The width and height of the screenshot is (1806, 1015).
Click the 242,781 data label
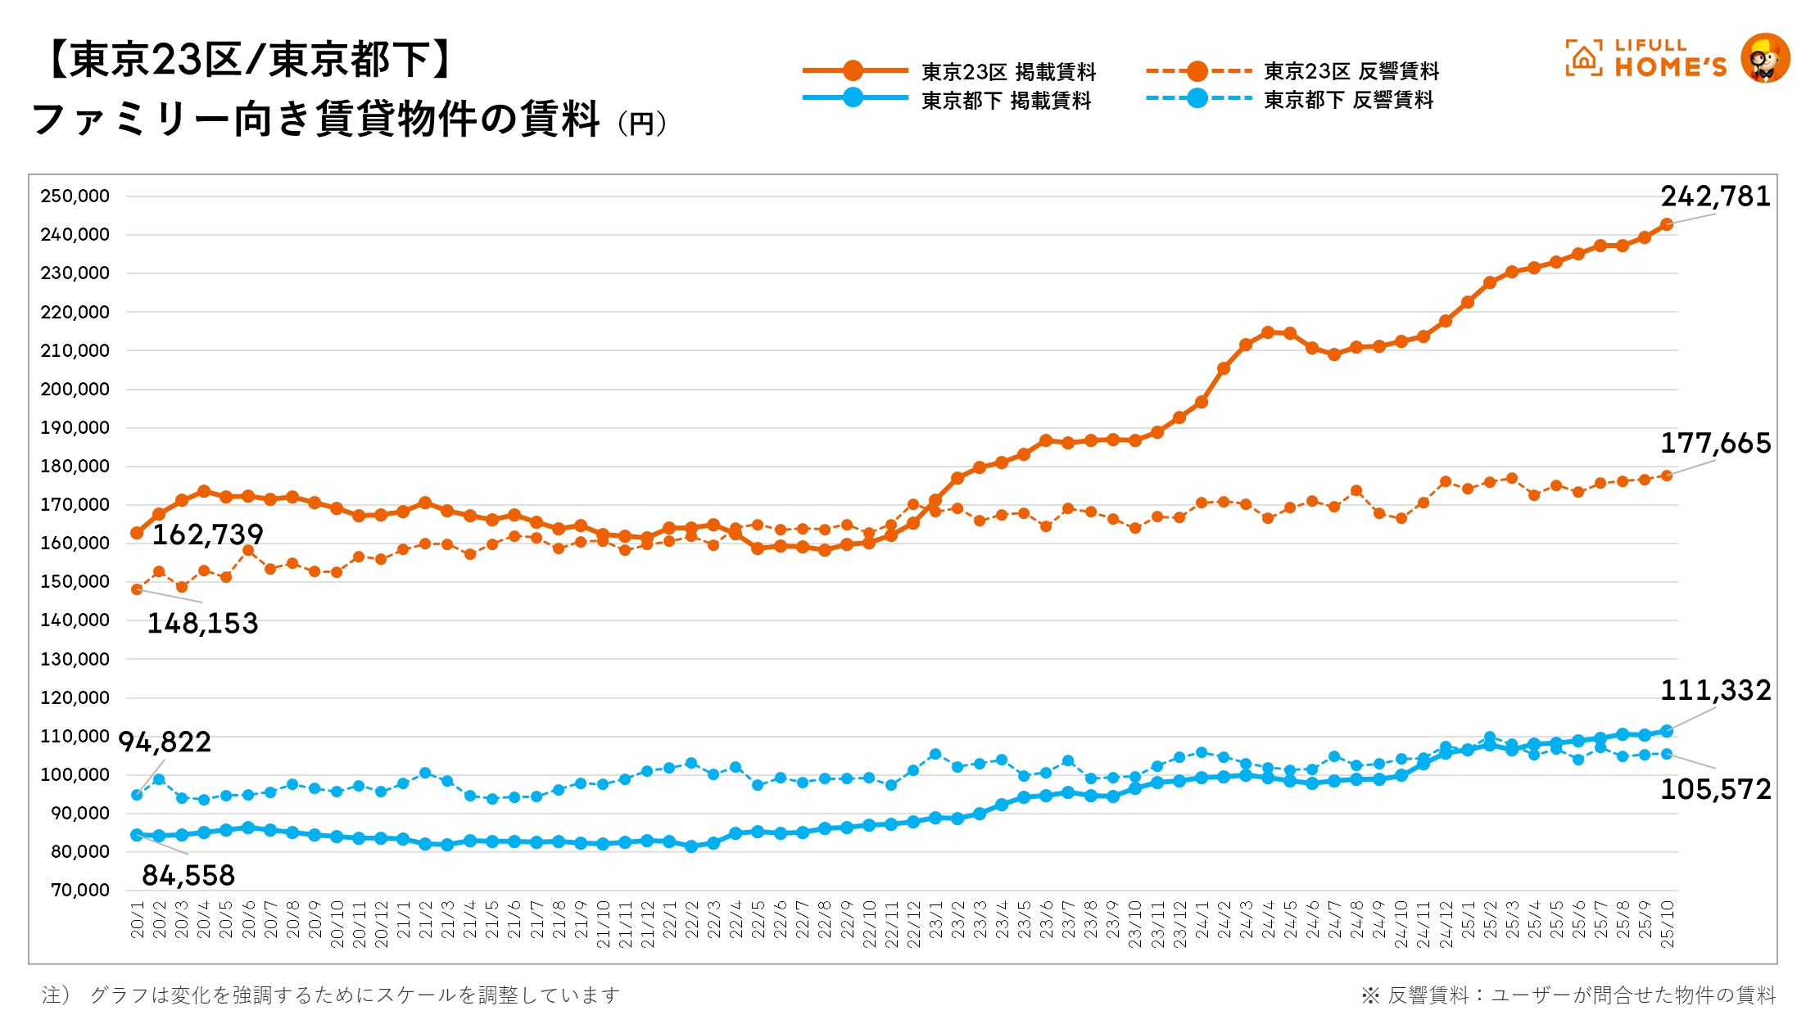[1715, 196]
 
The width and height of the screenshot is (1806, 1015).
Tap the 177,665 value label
[1715, 444]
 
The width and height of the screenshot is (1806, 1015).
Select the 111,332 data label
[1715, 691]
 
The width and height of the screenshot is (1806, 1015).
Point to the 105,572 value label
[1715, 790]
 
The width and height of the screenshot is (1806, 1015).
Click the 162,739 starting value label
[208, 535]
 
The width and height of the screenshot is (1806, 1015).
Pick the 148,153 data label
[202, 624]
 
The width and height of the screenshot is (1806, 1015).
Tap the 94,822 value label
[165, 742]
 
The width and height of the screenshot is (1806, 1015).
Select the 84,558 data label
[188, 876]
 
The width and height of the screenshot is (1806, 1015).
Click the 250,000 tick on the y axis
[75, 196]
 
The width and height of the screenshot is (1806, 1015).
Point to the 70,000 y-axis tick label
[79, 891]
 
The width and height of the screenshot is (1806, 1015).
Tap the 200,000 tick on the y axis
[75, 390]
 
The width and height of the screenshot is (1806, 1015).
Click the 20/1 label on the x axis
[138, 920]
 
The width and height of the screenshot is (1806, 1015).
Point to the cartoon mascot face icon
[1764, 59]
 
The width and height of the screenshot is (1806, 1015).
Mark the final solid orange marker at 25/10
[1667, 224]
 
